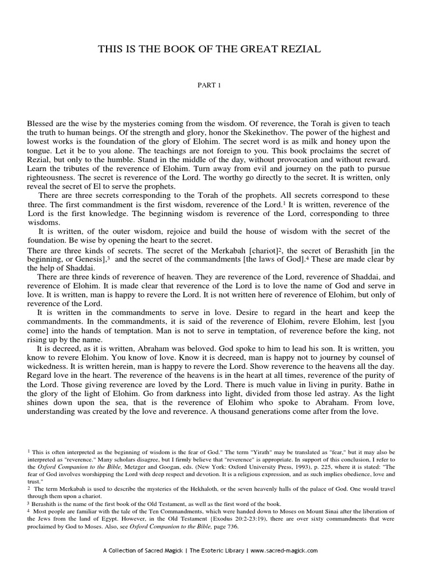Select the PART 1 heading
coord(210,86)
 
